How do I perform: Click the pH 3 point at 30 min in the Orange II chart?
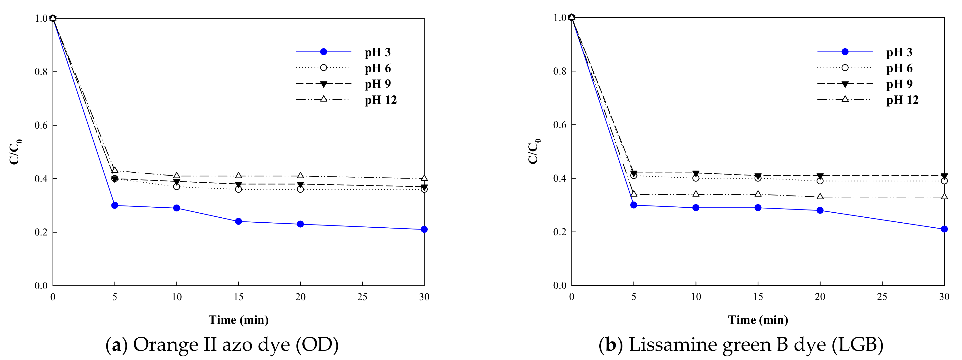coord(424,229)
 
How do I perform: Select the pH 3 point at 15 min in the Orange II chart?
coord(239,221)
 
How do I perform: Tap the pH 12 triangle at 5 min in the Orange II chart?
coord(115,170)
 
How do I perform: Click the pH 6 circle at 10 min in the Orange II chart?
coord(177,186)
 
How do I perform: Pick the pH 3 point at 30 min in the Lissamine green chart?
coord(944,229)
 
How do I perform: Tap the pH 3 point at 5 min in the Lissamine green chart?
coord(634,205)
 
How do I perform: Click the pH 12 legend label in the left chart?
coord(381,100)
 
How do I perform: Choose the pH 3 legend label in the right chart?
coord(899,52)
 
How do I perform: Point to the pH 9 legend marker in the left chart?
coord(323,84)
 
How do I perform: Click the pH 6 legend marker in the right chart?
coord(845,68)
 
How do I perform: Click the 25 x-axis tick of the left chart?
coord(362,297)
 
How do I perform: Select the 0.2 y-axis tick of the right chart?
coord(560,232)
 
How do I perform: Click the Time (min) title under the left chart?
coord(238,320)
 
